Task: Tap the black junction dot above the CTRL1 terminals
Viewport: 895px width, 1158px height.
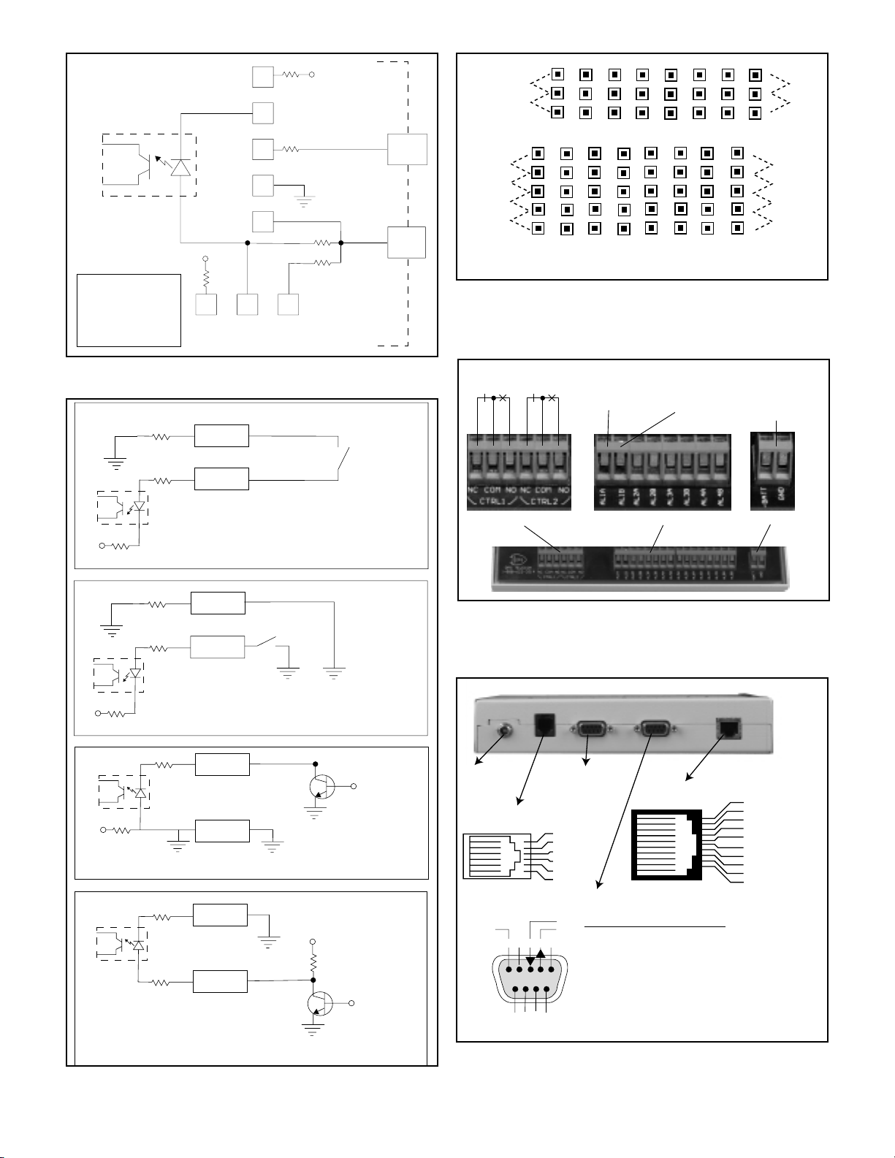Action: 494,398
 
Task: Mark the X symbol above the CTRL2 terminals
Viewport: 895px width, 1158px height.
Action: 552,398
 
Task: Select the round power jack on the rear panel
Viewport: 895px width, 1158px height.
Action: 503,728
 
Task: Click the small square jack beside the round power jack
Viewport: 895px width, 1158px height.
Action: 544,723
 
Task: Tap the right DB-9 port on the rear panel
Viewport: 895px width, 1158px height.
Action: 655,728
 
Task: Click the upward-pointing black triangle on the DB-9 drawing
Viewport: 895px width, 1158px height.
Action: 541,953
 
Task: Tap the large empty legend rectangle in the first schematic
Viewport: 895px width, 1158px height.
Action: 129,310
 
